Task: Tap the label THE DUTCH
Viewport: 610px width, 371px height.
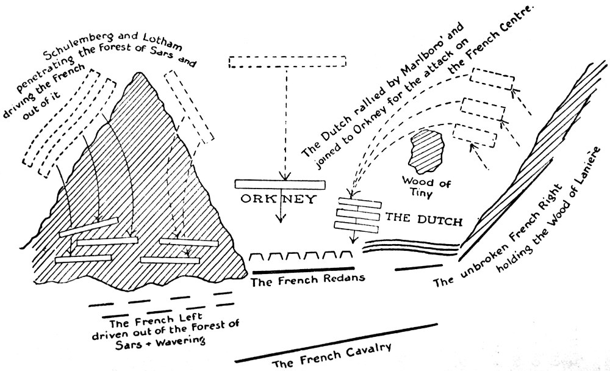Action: pyautogui.click(x=422, y=218)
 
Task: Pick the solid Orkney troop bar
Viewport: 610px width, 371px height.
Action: pyautogui.click(x=281, y=184)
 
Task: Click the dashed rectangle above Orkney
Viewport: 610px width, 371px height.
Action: pyautogui.click(x=287, y=62)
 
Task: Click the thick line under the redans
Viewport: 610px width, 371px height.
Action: pyautogui.click(x=302, y=269)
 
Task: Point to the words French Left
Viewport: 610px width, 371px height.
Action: pyautogui.click(x=140, y=320)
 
